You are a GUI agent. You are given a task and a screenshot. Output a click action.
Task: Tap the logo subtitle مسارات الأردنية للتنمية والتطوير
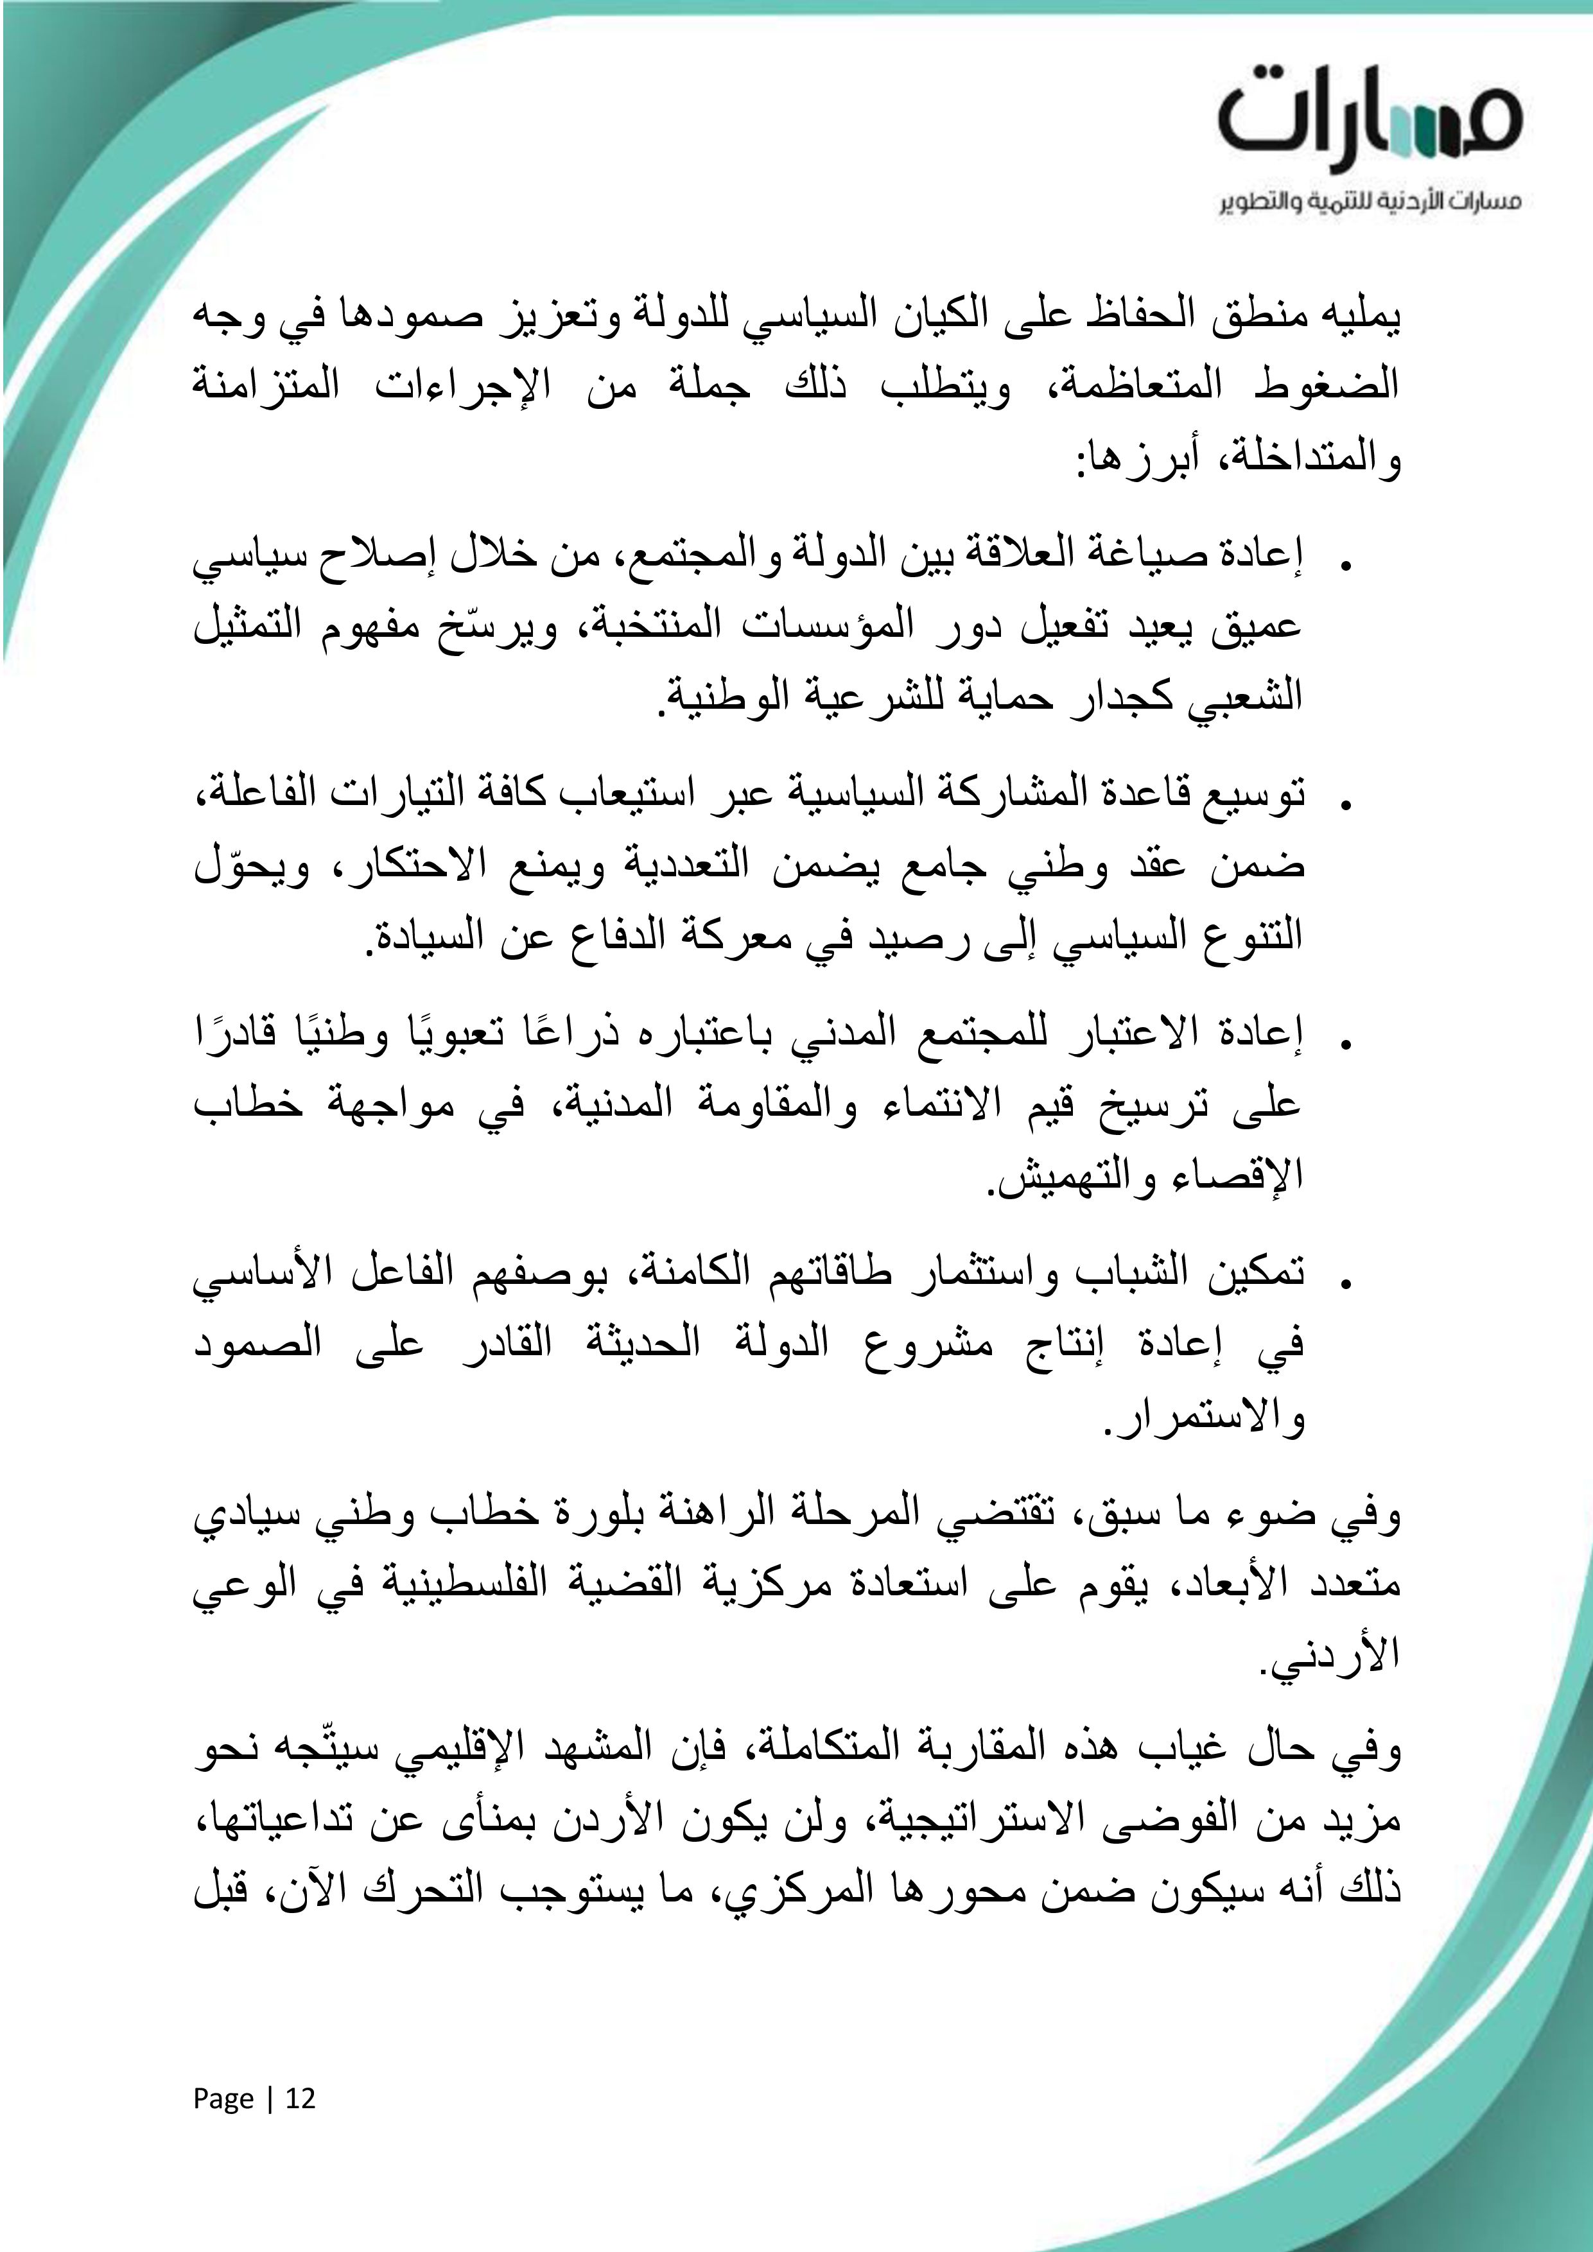[x=1370, y=202]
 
